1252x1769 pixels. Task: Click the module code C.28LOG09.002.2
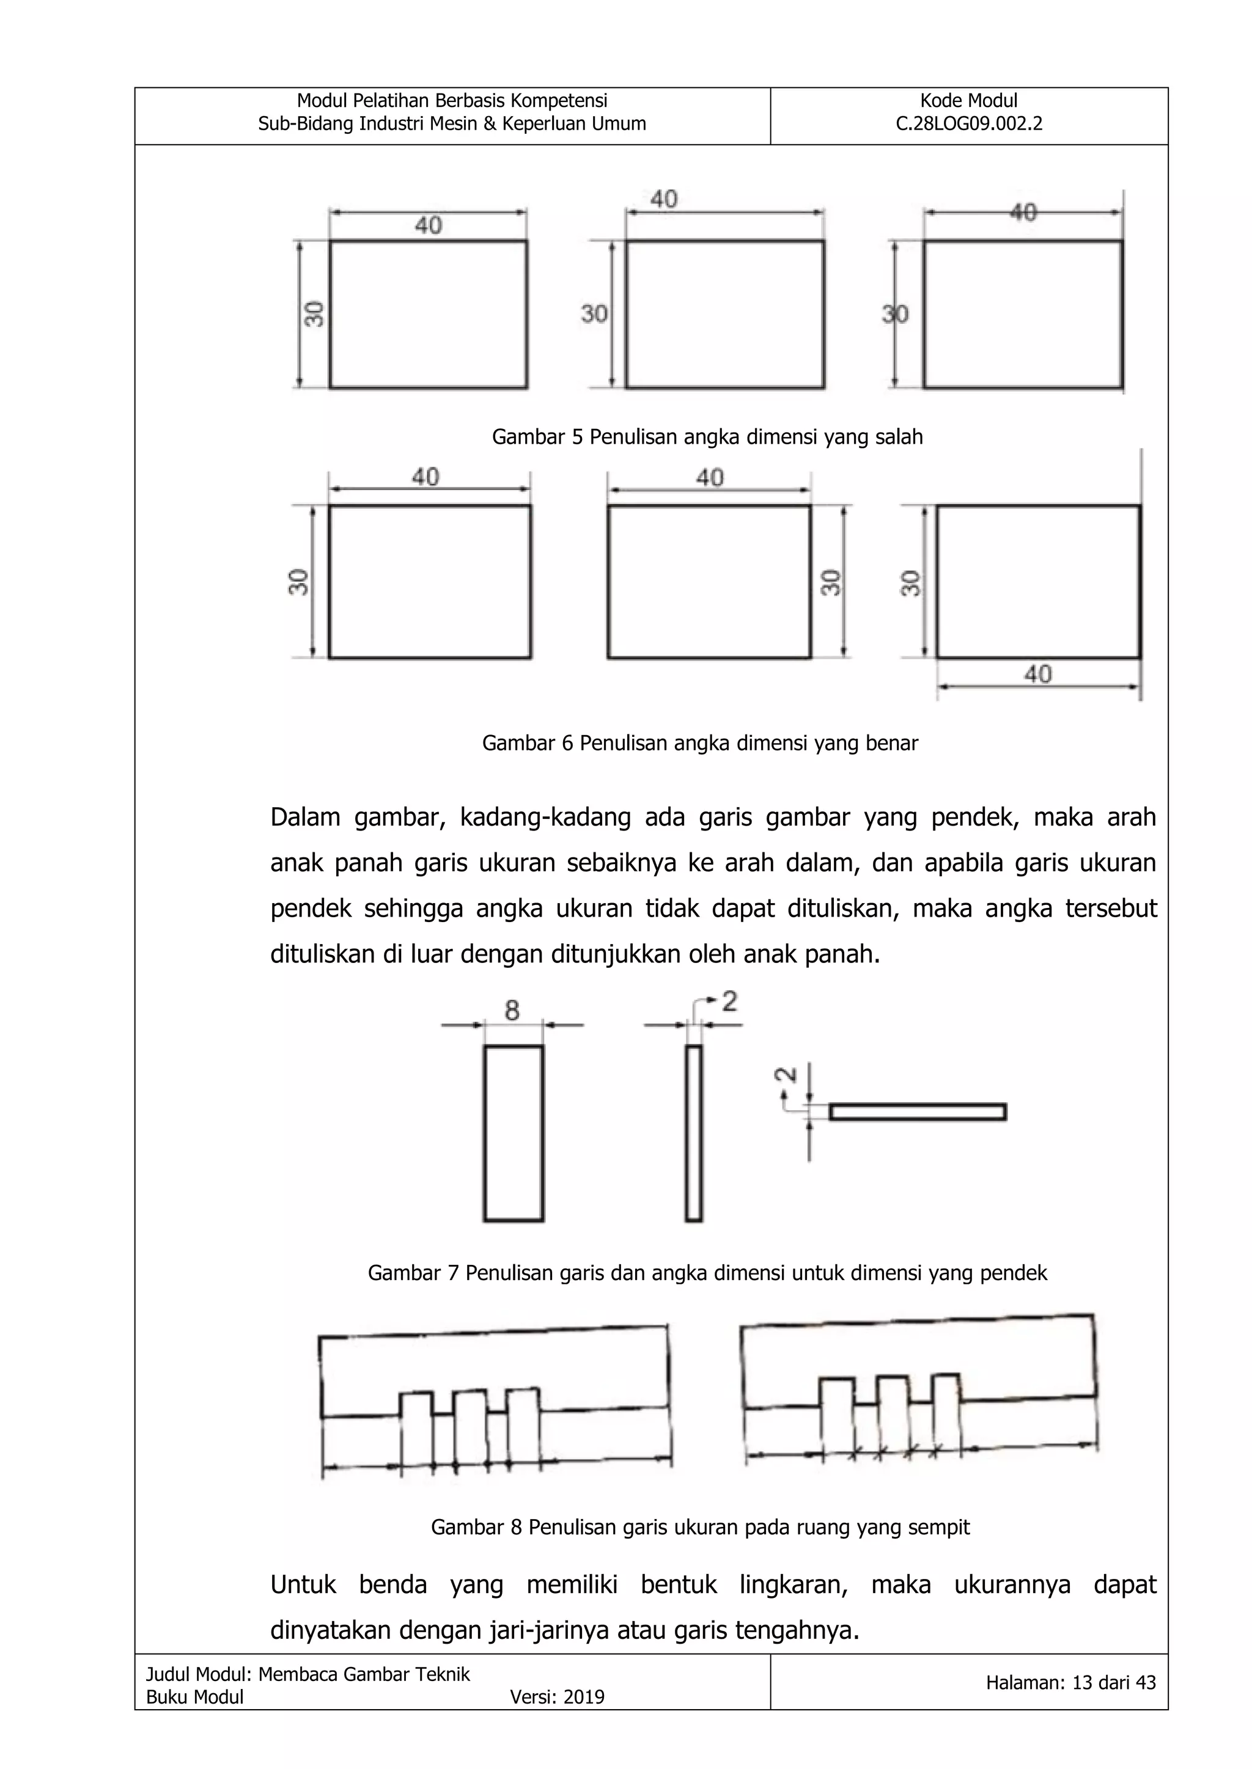pyautogui.click(x=968, y=124)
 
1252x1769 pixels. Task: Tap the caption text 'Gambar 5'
pyautogui.click(x=538, y=437)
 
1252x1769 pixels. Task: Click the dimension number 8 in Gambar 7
pyautogui.click(x=512, y=1009)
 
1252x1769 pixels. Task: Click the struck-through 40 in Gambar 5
pyautogui.click(x=1023, y=212)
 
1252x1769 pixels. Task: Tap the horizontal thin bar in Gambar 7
pyautogui.click(x=918, y=1111)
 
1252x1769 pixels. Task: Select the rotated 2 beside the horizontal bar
pyautogui.click(x=786, y=1074)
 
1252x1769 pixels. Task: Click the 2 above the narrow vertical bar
pyautogui.click(x=729, y=1002)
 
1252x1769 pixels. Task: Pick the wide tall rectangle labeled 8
pyautogui.click(x=514, y=1133)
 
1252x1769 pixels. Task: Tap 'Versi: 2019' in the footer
pyautogui.click(x=557, y=1696)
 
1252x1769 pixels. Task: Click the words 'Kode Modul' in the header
pyautogui.click(x=968, y=101)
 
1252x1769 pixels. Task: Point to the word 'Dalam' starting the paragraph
pyautogui.click(x=304, y=817)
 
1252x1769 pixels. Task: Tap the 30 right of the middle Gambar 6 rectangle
pyautogui.click(x=830, y=582)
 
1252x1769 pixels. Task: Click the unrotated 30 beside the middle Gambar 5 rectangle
pyautogui.click(x=594, y=313)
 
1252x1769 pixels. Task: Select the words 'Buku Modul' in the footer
pyautogui.click(x=194, y=1696)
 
